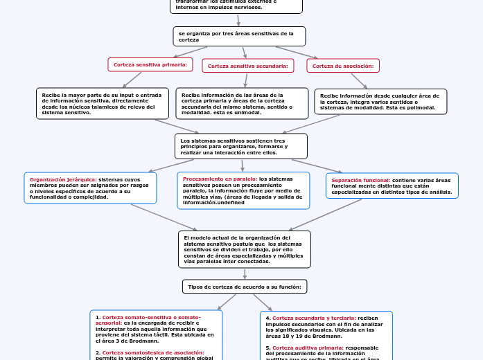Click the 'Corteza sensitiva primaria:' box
150,64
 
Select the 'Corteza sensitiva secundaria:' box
247,66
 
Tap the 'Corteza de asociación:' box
343,66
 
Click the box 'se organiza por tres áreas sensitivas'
238,36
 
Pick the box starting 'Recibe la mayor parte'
102,103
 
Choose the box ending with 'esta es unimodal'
242,104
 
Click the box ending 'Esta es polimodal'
380,102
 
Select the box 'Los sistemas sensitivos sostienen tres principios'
240,146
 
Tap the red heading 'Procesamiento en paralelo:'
220,179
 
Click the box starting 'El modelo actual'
244,249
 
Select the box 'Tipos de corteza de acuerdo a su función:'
245,286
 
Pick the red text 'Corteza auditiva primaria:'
307,348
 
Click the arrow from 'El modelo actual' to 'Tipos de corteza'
245,273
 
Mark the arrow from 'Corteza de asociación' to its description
359,80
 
